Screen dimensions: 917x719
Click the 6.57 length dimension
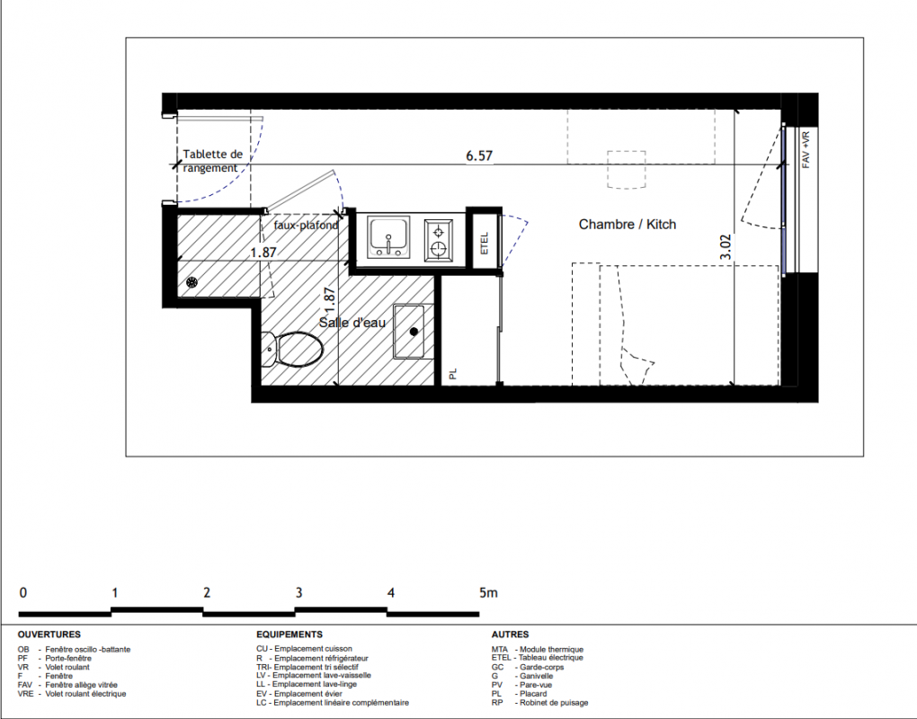pyautogui.click(x=479, y=155)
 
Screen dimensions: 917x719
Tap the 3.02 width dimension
pyautogui.click(x=726, y=246)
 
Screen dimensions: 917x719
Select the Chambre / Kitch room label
pyautogui.click(x=627, y=225)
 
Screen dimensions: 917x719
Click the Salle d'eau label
pyautogui.click(x=352, y=322)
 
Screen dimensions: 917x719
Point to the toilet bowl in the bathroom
pyautogui.click(x=292, y=349)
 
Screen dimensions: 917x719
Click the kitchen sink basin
pyautogui.click(x=388, y=236)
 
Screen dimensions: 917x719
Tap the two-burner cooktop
pyautogui.click(x=438, y=240)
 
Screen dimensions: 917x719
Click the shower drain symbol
pyautogui.click(x=191, y=282)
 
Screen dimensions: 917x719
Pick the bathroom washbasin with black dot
pyautogui.click(x=409, y=332)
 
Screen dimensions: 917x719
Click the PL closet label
pyautogui.click(x=452, y=374)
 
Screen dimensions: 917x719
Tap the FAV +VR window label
pyautogui.click(x=806, y=150)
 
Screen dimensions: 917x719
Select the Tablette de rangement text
pyautogui.click(x=212, y=162)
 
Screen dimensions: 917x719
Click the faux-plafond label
pyautogui.click(x=306, y=225)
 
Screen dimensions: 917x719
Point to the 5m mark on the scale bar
pyautogui.click(x=488, y=593)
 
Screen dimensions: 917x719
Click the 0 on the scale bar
pyautogui.click(x=22, y=593)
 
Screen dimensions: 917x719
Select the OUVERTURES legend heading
pyautogui.click(x=49, y=635)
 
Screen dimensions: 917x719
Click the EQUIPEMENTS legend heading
pyautogui.click(x=289, y=635)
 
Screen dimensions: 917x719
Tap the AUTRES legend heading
pyautogui.click(x=510, y=635)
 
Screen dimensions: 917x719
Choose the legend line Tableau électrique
pyautogui.click(x=538, y=658)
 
